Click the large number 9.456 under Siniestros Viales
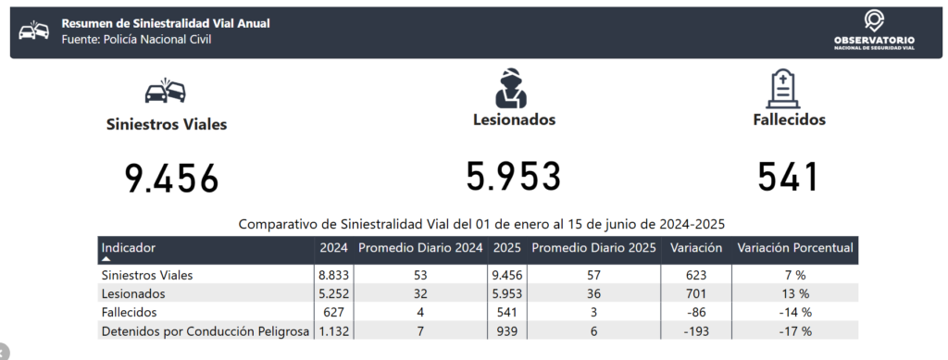[x=171, y=179]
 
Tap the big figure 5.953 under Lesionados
[x=513, y=177]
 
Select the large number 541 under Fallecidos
[x=789, y=177]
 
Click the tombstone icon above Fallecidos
[x=783, y=88]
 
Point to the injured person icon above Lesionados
[x=511, y=88]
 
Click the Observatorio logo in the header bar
[x=874, y=31]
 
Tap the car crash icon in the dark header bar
[x=34, y=31]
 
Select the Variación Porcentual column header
[x=795, y=248]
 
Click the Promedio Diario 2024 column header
[x=421, y=248]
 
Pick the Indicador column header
[x=128, y=248]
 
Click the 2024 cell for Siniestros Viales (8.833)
[x=333, y=276]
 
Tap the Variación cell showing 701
[x=696, y=294]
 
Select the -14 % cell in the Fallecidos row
[x=794, y=313]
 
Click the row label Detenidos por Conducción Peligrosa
[x=206, y=331]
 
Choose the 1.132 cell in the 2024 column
[x=333, y=331]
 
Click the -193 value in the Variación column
[x=696, y=331]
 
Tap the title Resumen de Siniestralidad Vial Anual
[x=166, y=23]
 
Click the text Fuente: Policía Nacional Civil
[x=137, y=40]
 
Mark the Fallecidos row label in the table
[x=130, y=313]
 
